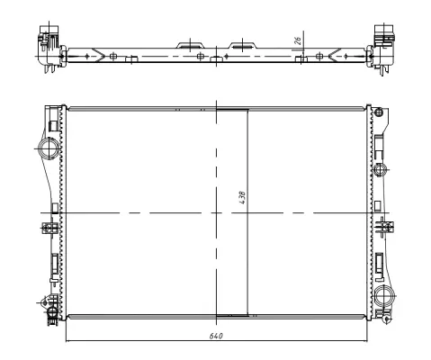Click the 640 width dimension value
(x=217, y=335)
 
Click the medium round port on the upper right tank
(x=380, y=169)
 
